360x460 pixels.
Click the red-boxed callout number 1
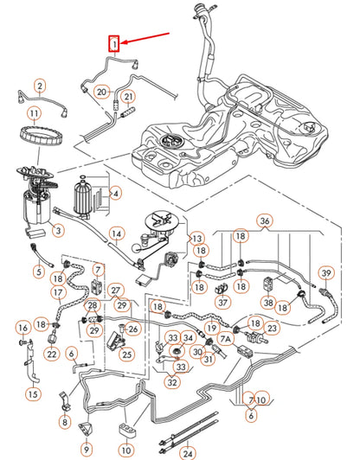coord(112,42)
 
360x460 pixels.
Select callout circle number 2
coord(40,85)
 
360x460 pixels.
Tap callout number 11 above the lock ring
coord(34,113)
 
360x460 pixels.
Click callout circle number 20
coord(101,91)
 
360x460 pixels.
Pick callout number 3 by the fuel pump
coord(58,231)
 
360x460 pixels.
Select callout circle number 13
coord(196,238)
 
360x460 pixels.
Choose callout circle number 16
coord(22,328)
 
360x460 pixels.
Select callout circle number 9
coord(87,449)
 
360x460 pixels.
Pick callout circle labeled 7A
coord(226,340)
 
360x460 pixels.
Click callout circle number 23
coord(271,329)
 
